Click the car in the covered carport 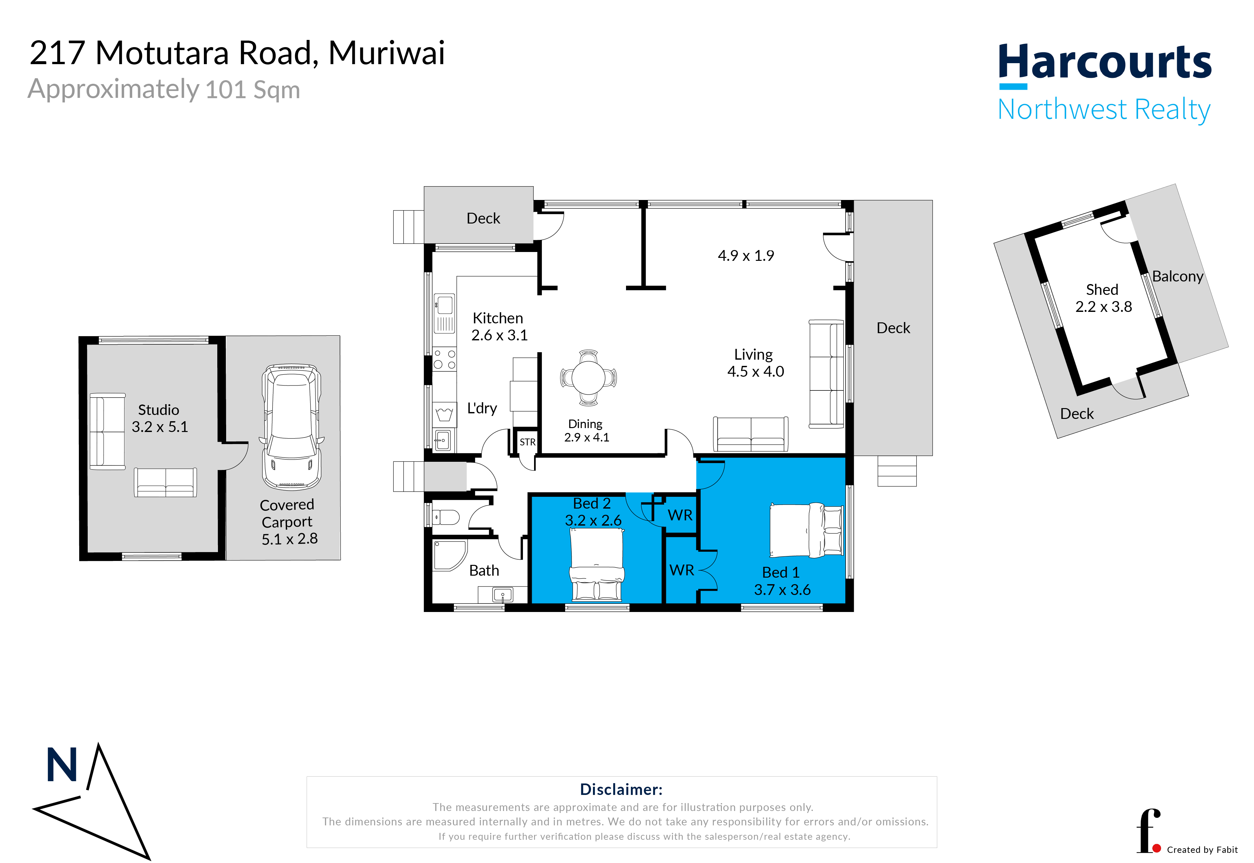[292, 427]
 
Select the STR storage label [527, 442]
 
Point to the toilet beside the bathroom [446, 517]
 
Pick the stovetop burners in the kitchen [444, 359]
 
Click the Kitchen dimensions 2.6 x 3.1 [499, 335]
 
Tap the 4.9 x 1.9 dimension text [746, 256]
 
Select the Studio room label [158, 410]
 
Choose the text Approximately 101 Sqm [164, 89]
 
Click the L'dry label [482, 408]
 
